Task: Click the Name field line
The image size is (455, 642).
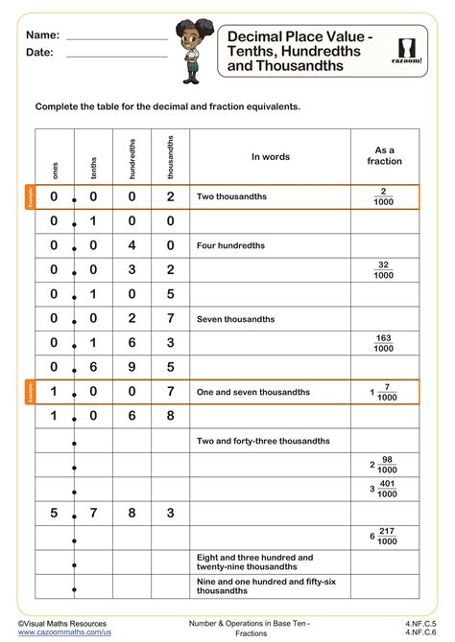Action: (116, 37)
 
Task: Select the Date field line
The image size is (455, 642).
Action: (116, 56)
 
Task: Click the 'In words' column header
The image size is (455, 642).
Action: (270, 156)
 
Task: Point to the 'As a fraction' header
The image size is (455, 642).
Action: (384, 156)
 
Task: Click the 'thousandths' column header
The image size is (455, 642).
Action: (170, 158)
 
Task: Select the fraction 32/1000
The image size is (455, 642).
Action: (384, 269)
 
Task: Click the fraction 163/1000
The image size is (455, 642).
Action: (384, 342)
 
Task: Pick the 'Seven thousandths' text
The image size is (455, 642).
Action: (236, 318)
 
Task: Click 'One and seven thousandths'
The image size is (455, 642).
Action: (253, 391)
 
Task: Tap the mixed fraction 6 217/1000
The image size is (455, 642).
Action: (382, 537)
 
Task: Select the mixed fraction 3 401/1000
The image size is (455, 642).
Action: (382, 489)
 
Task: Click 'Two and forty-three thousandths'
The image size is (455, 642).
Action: (263, 441)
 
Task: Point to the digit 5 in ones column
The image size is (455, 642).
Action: (55, 514)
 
